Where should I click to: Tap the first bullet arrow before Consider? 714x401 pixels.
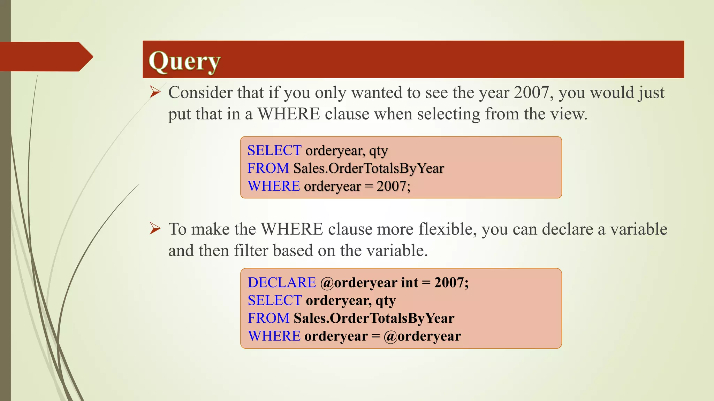(x=155, y=92)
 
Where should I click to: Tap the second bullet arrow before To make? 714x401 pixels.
(x=155, y=229)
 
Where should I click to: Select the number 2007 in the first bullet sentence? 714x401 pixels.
(x=531, y=93)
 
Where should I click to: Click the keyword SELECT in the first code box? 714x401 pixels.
(x=274, y=150)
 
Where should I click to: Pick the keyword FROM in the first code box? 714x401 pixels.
(x=268, y=168)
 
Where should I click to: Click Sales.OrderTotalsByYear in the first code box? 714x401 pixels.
(x=369, y=168)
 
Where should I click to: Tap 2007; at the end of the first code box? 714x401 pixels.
(x=393, y=186)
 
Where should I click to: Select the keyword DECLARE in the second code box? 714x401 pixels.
(x=282, y=283)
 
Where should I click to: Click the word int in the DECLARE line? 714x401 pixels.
(x=409, y=283)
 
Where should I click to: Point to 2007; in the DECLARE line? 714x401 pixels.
(x=451, y=283)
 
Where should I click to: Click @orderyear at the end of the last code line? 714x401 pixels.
(x=422, y=336)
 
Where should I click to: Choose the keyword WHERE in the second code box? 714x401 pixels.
(x=274, y=336)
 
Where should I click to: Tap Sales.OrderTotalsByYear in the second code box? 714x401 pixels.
(x=374, y=318)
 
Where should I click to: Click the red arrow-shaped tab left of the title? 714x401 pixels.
(x=45, y=56)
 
